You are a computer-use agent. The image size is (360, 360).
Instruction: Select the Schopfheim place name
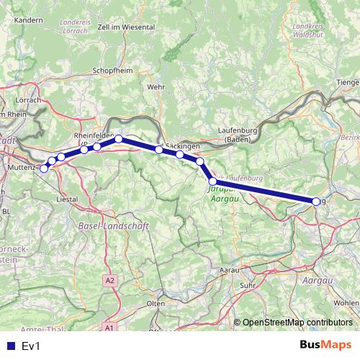coord(110,71)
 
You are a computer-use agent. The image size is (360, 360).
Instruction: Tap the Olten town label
coord(156,304)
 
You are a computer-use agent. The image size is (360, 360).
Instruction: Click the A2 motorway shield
coord(109,279)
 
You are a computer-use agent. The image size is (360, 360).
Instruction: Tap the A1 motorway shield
coord(109,328)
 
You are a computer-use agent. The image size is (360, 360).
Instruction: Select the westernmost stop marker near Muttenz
coord(45,168)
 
